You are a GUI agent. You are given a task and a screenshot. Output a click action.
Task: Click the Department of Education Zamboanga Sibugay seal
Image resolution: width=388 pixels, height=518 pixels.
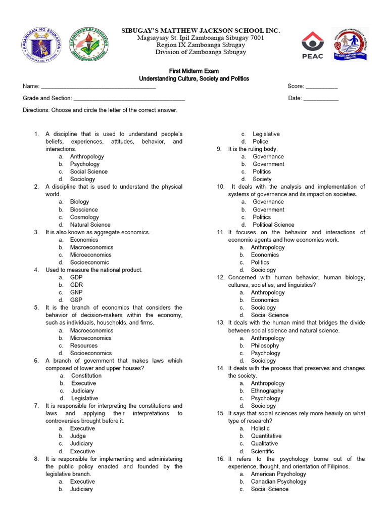click(x=91, y=44)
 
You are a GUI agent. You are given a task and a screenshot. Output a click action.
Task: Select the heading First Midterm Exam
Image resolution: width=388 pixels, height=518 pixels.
click(x=193, y=71)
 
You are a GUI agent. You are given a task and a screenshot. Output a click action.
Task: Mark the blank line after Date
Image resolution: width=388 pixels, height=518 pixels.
click(x=321, y=99)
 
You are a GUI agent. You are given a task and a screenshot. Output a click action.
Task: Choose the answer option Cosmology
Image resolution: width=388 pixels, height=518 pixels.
click(x=84, y=217)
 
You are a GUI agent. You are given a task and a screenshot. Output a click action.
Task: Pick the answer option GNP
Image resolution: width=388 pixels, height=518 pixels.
click(x=76, y=292)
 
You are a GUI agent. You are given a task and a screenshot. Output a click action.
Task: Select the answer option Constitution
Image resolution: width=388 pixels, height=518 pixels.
click(x=86, y=376)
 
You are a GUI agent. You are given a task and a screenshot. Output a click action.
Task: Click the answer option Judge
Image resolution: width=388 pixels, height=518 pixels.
click(x=78, y=436)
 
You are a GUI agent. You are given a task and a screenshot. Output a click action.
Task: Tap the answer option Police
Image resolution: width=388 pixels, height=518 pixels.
click(x=260, y=142)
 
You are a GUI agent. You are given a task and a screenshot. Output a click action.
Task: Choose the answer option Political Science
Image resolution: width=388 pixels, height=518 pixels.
click(x=273, y=225)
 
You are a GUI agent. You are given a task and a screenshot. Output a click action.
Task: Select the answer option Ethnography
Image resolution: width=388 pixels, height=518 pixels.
click(x=267, y=391)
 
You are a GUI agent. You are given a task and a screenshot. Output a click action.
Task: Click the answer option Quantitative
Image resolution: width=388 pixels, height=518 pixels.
click(x=266, y=436)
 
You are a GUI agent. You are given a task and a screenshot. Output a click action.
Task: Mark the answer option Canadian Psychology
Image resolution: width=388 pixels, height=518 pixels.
click(x=278, y=482)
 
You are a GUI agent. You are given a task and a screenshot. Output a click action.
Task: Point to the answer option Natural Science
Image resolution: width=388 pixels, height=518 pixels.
click(x=90, y=225)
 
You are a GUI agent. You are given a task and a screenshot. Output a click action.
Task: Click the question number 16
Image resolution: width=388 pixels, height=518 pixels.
click(x=221, y=459)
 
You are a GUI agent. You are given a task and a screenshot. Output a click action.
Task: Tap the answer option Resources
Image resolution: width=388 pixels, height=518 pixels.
click(x=84, y=346)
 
